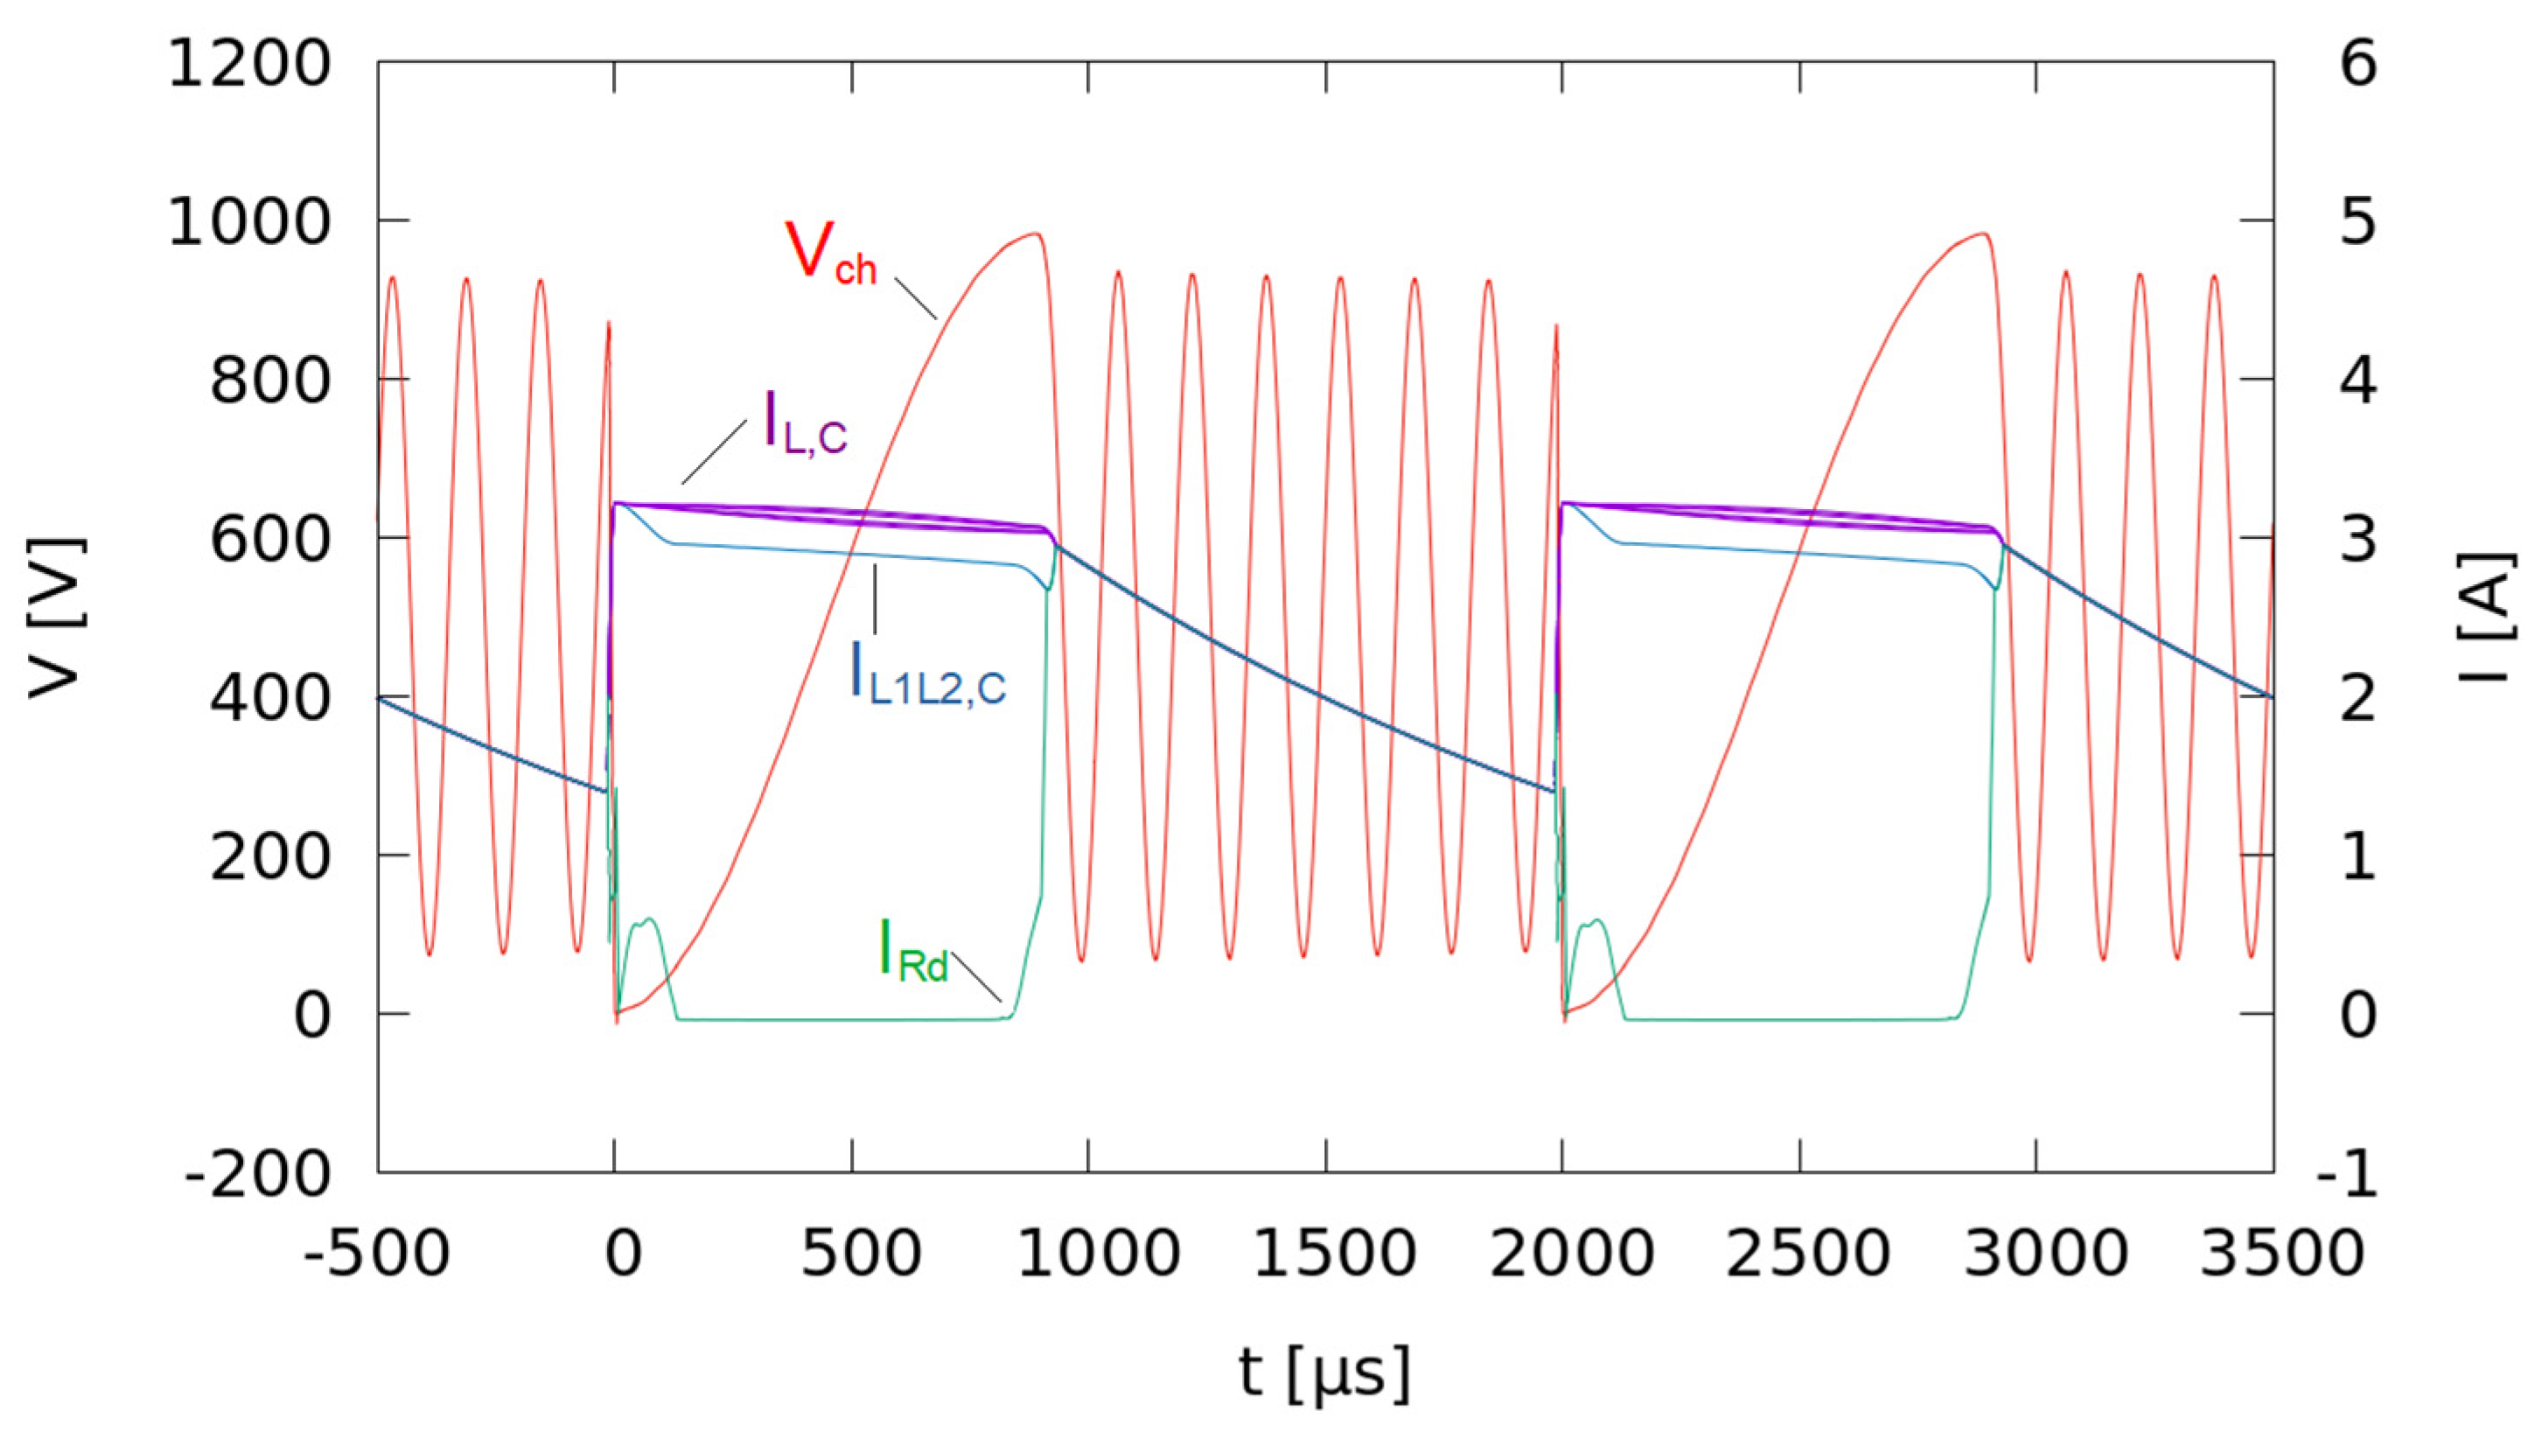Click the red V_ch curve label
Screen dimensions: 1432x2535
tap(829, 254)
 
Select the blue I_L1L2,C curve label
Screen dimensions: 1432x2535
tap(927, 674)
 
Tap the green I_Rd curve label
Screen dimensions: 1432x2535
tap(912, 950)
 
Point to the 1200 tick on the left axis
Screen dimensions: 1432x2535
tap(249, 65)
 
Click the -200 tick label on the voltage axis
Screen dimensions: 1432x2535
tap(258, 1173)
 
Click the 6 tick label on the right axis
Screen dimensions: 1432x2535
tap(2358, 65)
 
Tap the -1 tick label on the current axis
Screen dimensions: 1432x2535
tap(2348, 1173)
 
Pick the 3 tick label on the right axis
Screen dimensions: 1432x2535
tap(2358, 541)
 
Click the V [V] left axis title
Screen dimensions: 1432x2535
tap(56, 618)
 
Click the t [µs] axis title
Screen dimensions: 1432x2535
tap(1324, 1372)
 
